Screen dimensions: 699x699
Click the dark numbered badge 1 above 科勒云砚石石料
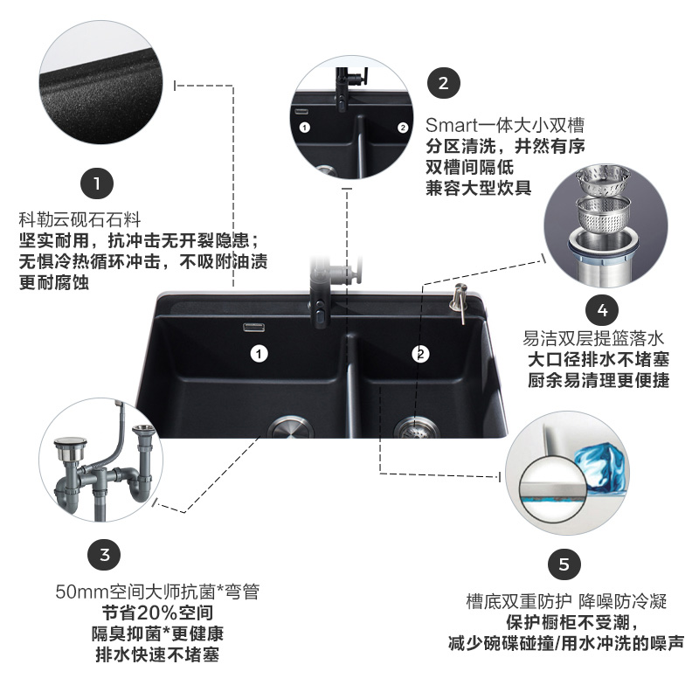pyautogui.click(x=97, y=184)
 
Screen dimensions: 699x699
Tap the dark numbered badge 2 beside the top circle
pyautogui.click(x=444, y=83)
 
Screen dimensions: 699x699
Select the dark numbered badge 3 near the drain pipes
pyautogui.click(x=105, y=554)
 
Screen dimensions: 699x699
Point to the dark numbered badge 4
pyautogui.click(x=602, y=309)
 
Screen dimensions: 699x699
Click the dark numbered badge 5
pyautogui.click(x=564, y=564)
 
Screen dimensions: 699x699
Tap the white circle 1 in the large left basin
pyautogui.click(x=258, y=354)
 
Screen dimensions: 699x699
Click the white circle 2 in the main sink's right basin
pyautogui.click(x=422, y=354)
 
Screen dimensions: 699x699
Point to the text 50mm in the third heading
pyautogui.click(x=78, y=592)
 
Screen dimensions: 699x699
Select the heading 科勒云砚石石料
pyautogui.click(x=80, y=218)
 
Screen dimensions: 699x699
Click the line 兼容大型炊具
pyautogui.click(x=478, y=189)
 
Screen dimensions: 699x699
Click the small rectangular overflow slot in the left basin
pyautogui.click(x=255, y=329)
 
